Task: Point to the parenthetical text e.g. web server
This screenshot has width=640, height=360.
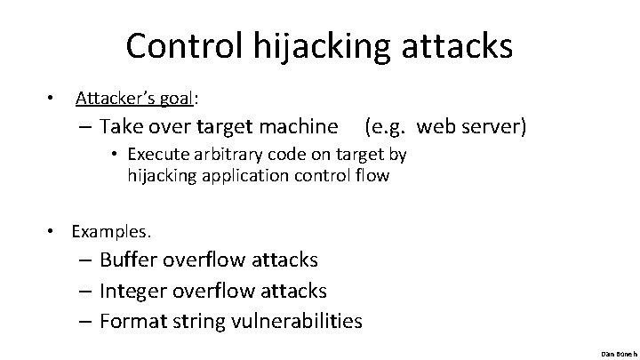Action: pyautogui.click(x=445, y=126)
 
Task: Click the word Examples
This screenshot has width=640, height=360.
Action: pyautogui.click(x=111, y=231)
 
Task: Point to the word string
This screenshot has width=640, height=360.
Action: pyautogui.click(x=196, y=320)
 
